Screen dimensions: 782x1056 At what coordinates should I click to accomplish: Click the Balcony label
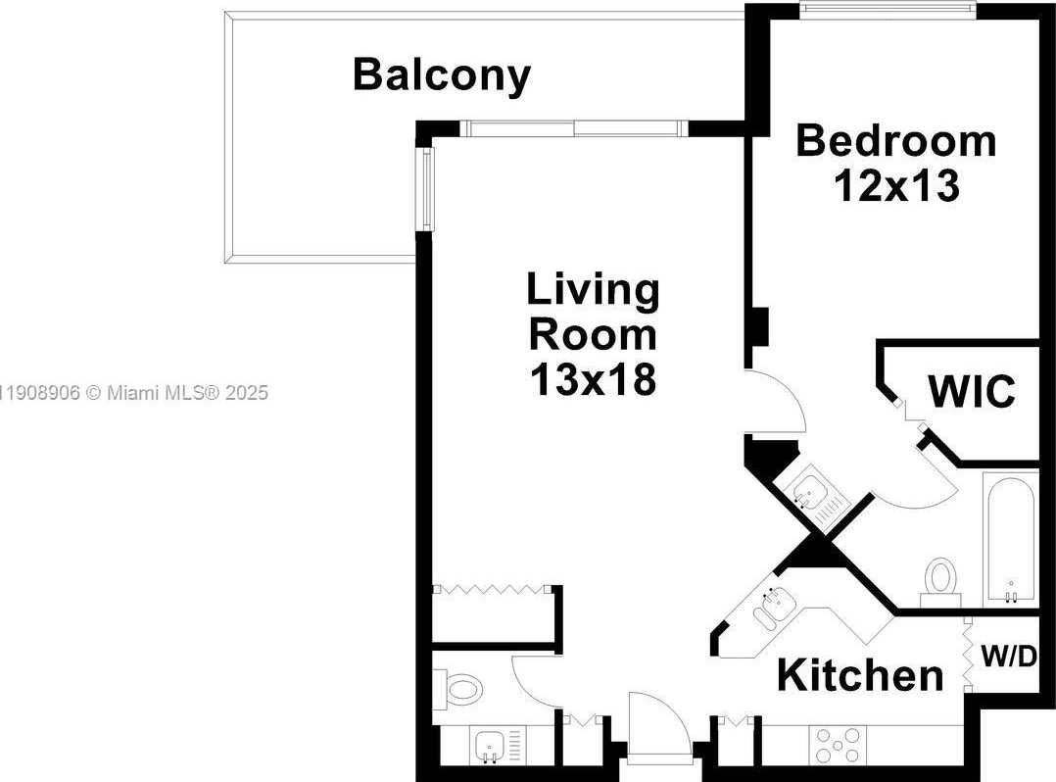click(x=442, y=74)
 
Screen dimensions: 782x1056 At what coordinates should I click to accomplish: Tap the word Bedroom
click(x=895, y=140)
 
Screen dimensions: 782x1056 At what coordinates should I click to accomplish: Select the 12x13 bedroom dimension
click(x=895, y=185)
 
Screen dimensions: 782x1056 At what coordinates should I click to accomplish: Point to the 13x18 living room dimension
click(x=593, y=379)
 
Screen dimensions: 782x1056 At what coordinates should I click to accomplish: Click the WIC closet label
click(x=972, y=392)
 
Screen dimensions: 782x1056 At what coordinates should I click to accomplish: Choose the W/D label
click(x=1008, y=656)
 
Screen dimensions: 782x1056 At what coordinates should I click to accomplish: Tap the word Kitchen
click(x=860, y=675)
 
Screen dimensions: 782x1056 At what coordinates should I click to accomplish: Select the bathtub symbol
click(x=1012, y=538)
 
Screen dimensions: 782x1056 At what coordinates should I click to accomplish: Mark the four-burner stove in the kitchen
click(x=839, y=744)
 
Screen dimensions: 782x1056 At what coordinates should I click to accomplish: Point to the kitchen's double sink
click(x=771, y=608)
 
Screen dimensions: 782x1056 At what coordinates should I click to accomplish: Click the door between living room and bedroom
click(x=774, y=402)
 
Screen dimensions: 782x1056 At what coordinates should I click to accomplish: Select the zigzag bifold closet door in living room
click(x=491, y=590)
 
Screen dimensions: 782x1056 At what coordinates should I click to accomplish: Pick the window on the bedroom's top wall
click(x=888, y=10)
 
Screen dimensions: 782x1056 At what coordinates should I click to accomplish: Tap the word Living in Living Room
click(x=593, y=290)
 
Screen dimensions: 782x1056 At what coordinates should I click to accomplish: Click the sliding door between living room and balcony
click(x=573, y=127)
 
